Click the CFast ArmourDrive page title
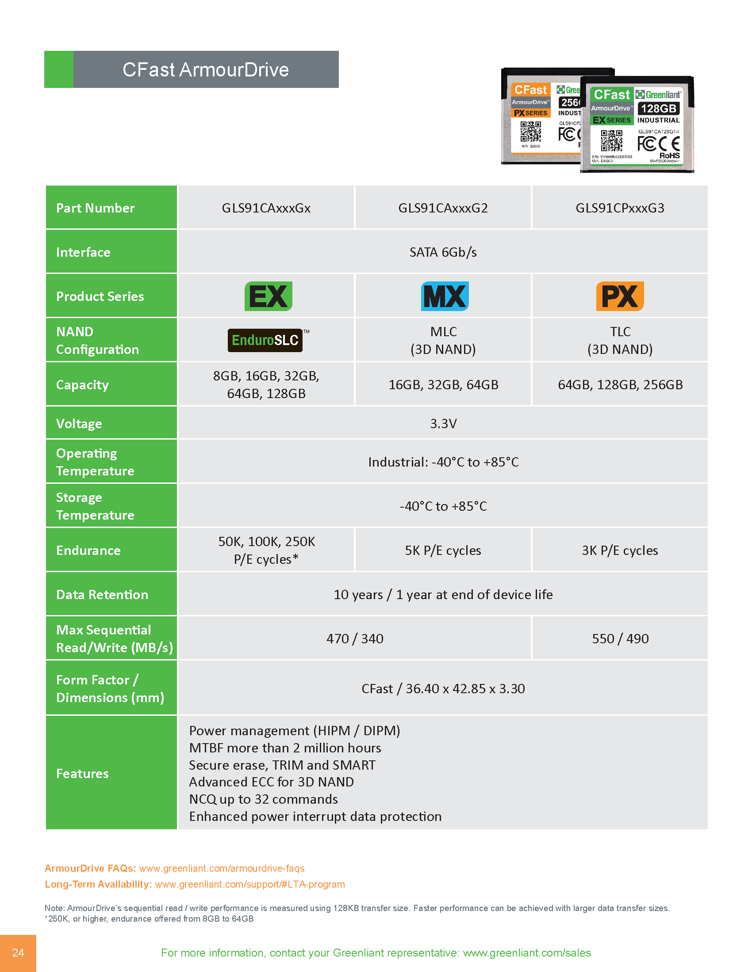[205, 69]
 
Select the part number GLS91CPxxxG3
[620, 208]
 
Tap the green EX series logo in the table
[268, 296]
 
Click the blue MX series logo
[445, 296]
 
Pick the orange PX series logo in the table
[620, 296]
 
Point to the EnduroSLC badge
[265, 341]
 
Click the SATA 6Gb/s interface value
[443, 252]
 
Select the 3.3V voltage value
[443, 423]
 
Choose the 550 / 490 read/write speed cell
[620, 639]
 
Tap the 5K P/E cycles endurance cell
[443, 551]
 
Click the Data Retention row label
[102, 595]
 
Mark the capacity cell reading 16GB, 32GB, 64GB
[443, 384]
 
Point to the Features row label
[82, 774]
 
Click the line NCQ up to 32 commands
[263, 799]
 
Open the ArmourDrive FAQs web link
[222, 868]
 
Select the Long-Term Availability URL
[249, 885]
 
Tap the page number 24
[18, 953]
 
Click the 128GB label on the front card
[658, 109]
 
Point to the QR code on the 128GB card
[611, 140]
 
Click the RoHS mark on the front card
[669, 156]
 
